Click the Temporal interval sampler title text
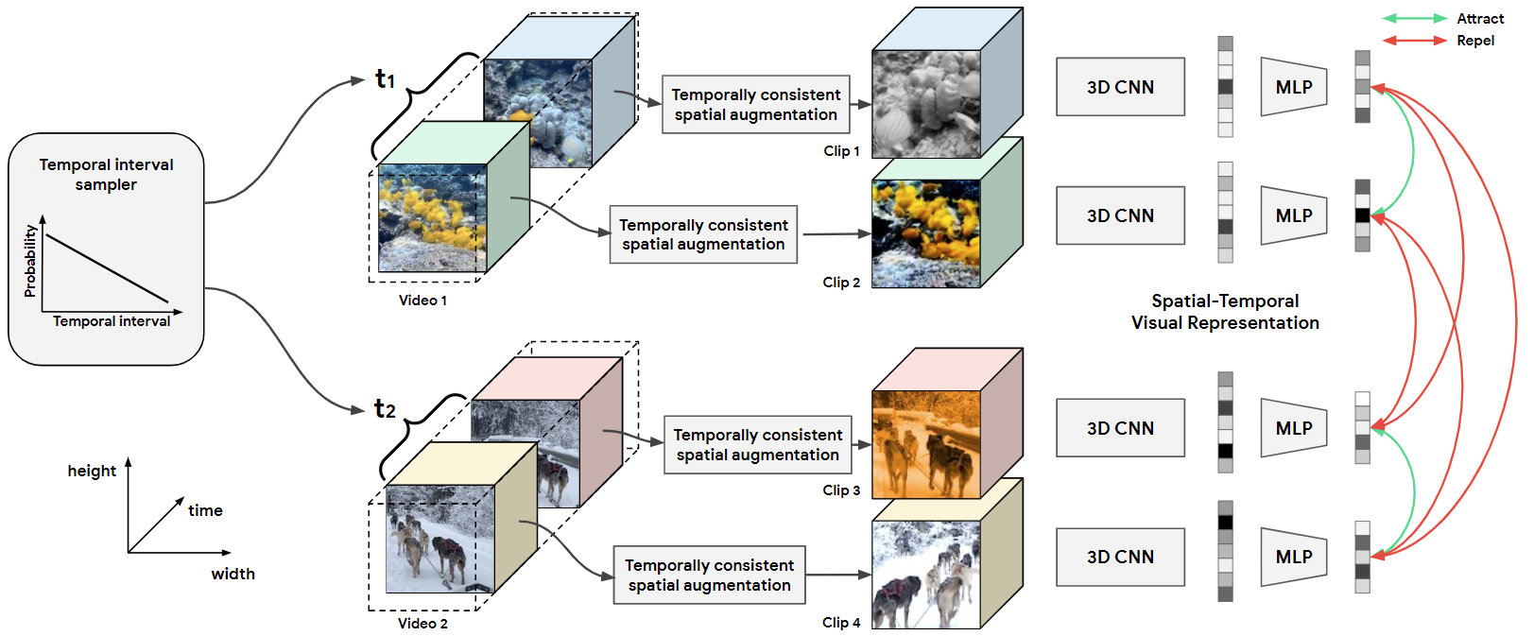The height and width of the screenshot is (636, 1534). tap(106, 174)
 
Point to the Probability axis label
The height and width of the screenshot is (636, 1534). tap(30, 261)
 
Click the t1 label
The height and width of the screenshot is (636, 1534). tap(385, 78)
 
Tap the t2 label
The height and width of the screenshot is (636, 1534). tap(385, 408)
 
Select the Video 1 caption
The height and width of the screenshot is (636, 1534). tap(422, 301)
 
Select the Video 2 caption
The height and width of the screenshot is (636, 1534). tap(422, 624)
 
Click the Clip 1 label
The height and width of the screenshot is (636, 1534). tap(841, 151)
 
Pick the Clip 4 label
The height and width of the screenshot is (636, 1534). tap(841, 623)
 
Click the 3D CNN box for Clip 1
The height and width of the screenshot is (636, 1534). tap(1120, 87)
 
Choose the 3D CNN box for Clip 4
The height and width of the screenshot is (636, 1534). tap(1120, 557)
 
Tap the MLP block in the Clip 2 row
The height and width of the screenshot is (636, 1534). tap(1294, 215)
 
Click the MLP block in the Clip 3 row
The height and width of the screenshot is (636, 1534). tap(1294, 428)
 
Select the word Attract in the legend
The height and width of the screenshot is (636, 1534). tap(1480, 19)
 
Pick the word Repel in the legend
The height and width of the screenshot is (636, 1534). tap(1475, 41)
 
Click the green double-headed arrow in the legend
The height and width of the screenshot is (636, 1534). tap(1414, 19)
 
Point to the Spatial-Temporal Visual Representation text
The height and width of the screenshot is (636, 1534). tap(1225, 312)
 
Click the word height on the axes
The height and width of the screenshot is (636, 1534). tap(92, 471)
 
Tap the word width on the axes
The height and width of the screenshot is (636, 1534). tap(233, 574)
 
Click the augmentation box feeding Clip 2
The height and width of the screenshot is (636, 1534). tap(703, 234)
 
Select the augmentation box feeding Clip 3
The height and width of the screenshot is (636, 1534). tap(757, 444)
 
